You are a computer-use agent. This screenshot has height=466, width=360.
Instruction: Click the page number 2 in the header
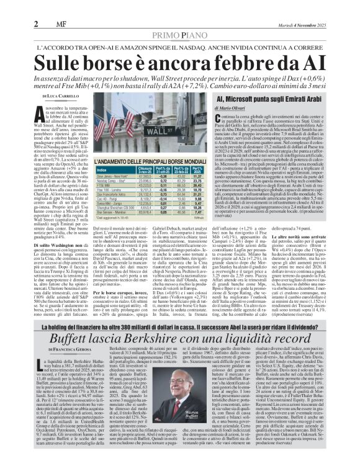(x=37, y=24)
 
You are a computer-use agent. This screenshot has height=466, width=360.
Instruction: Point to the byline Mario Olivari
(x=230, y=109)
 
